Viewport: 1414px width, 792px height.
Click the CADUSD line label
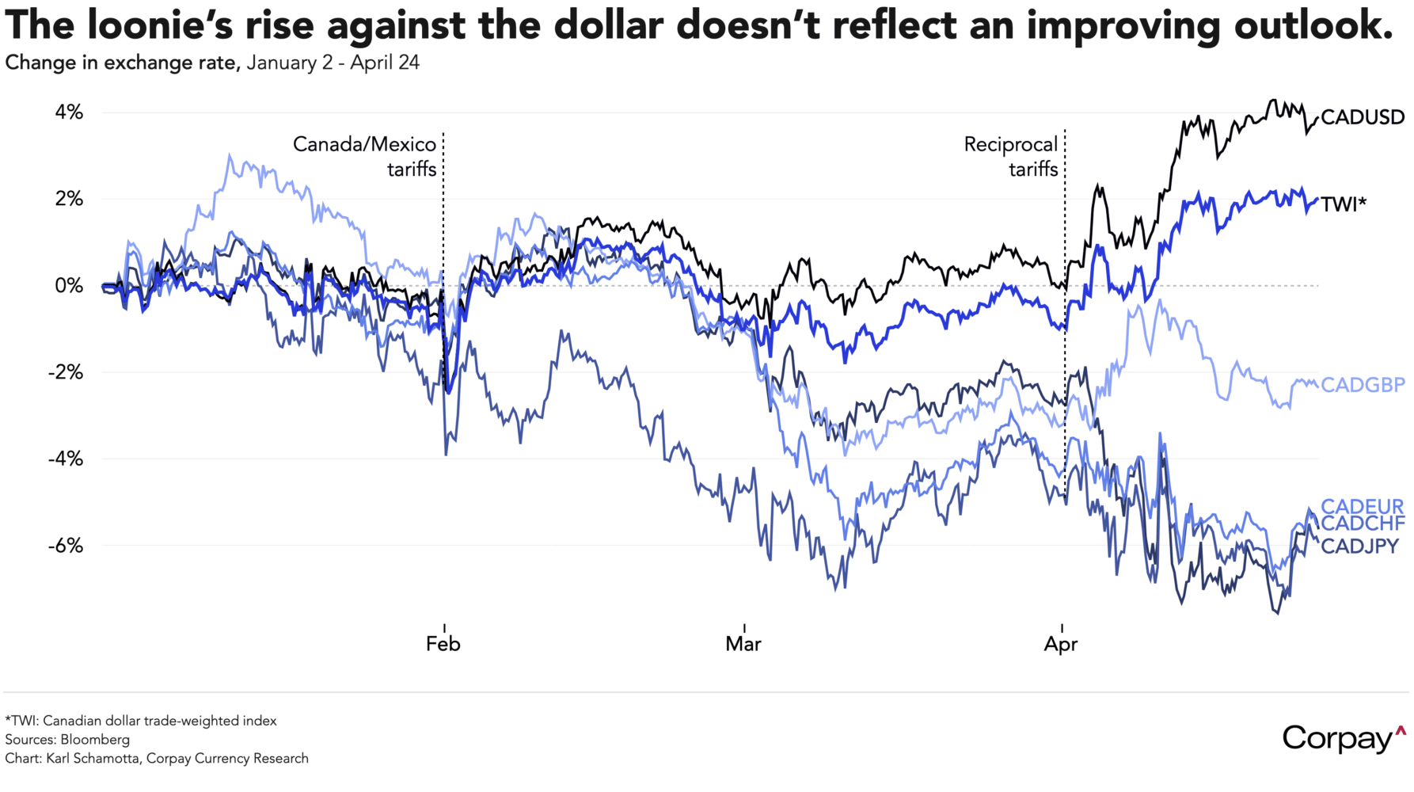[x=1362, y=118]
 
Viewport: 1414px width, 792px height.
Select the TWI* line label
[x=1344, y=204]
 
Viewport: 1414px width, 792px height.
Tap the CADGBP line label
[x=1363, y=385]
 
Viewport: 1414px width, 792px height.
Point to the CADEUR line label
[x=1362, y=506]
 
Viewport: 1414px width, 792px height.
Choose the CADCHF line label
[x=1363, y=524]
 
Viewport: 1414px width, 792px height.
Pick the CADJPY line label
[x=1359, y=546]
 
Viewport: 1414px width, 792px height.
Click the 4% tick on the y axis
[x=68, y=112]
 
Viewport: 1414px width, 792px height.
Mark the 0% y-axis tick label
[x=68, y=286]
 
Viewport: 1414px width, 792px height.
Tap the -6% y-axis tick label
[x=65, y=546]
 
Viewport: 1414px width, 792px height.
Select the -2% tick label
[x=65, y=372]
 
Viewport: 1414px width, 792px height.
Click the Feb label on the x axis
[x=443, y=644]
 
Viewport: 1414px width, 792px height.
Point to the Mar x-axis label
[x=743, y=644]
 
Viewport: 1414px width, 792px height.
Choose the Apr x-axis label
[x=1060, y=644]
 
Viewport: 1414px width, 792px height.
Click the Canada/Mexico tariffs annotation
[x=365, y=156]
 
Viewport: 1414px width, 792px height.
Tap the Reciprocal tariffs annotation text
[x=1011, y=156]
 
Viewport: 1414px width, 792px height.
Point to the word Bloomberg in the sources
[x=95, y=740]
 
